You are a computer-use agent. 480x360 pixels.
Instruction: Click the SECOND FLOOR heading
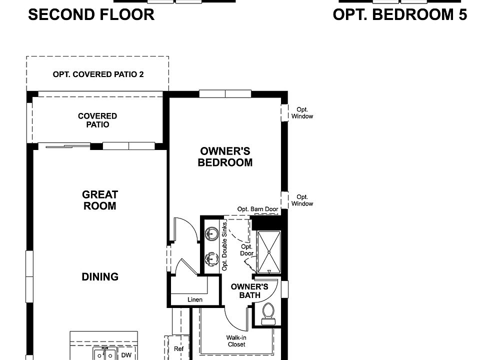[91, 14]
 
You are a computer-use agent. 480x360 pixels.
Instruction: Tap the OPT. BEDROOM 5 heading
[399, 14]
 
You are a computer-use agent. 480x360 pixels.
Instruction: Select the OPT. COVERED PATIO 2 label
[98, 74]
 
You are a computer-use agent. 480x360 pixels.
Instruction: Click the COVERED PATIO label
[97, 120]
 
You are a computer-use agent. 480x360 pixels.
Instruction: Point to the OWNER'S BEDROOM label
[225, 156]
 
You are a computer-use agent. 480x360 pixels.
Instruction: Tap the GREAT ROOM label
[100, 200]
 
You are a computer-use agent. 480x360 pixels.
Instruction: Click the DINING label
[100, 276]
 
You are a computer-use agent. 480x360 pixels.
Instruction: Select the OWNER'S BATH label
[249, 291]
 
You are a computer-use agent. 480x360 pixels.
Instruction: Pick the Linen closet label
[195, 299]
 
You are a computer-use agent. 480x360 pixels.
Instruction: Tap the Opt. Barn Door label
[257, 209]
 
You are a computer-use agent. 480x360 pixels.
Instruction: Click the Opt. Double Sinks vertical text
[224, 246]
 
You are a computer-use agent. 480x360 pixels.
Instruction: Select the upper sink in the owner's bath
[211, 232]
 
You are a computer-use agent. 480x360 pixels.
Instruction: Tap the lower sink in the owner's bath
[211, 258]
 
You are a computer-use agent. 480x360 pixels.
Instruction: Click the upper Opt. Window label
[302, 112]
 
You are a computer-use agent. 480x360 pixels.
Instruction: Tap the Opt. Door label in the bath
[246, 250]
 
